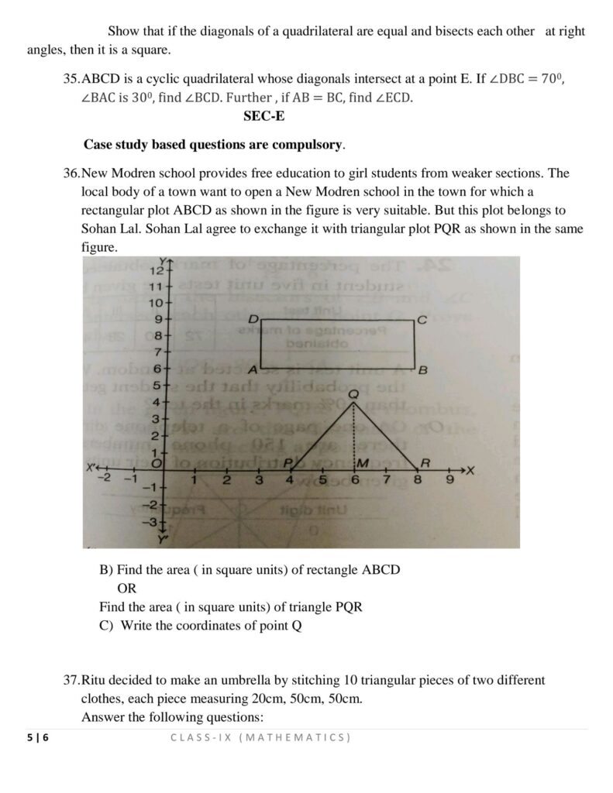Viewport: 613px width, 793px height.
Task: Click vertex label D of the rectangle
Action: (253, 319)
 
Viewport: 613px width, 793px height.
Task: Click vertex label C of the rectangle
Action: (421, 319)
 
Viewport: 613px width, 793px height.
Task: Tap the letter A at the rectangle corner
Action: (253, 369)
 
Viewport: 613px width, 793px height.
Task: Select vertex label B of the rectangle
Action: (422, 370)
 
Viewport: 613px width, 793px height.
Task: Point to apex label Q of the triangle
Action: (353, 393)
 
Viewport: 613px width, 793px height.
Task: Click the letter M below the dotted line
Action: (360, 462)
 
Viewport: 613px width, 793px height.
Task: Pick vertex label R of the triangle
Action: (424, 462)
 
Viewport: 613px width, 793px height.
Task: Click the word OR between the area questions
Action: (126, 589)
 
